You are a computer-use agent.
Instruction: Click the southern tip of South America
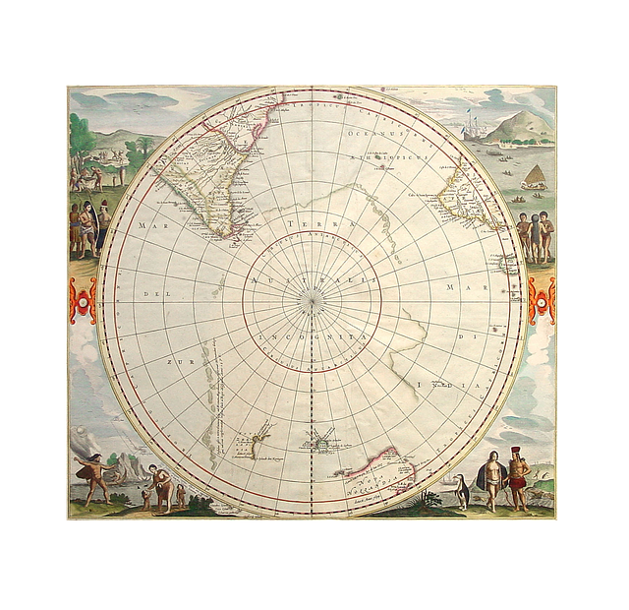click(x=228, y=237)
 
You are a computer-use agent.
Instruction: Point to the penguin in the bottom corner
click(x=459, y=489)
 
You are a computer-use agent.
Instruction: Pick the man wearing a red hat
click(x=519, y=477)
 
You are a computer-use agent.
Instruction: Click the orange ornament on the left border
click(x=83, y=302)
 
